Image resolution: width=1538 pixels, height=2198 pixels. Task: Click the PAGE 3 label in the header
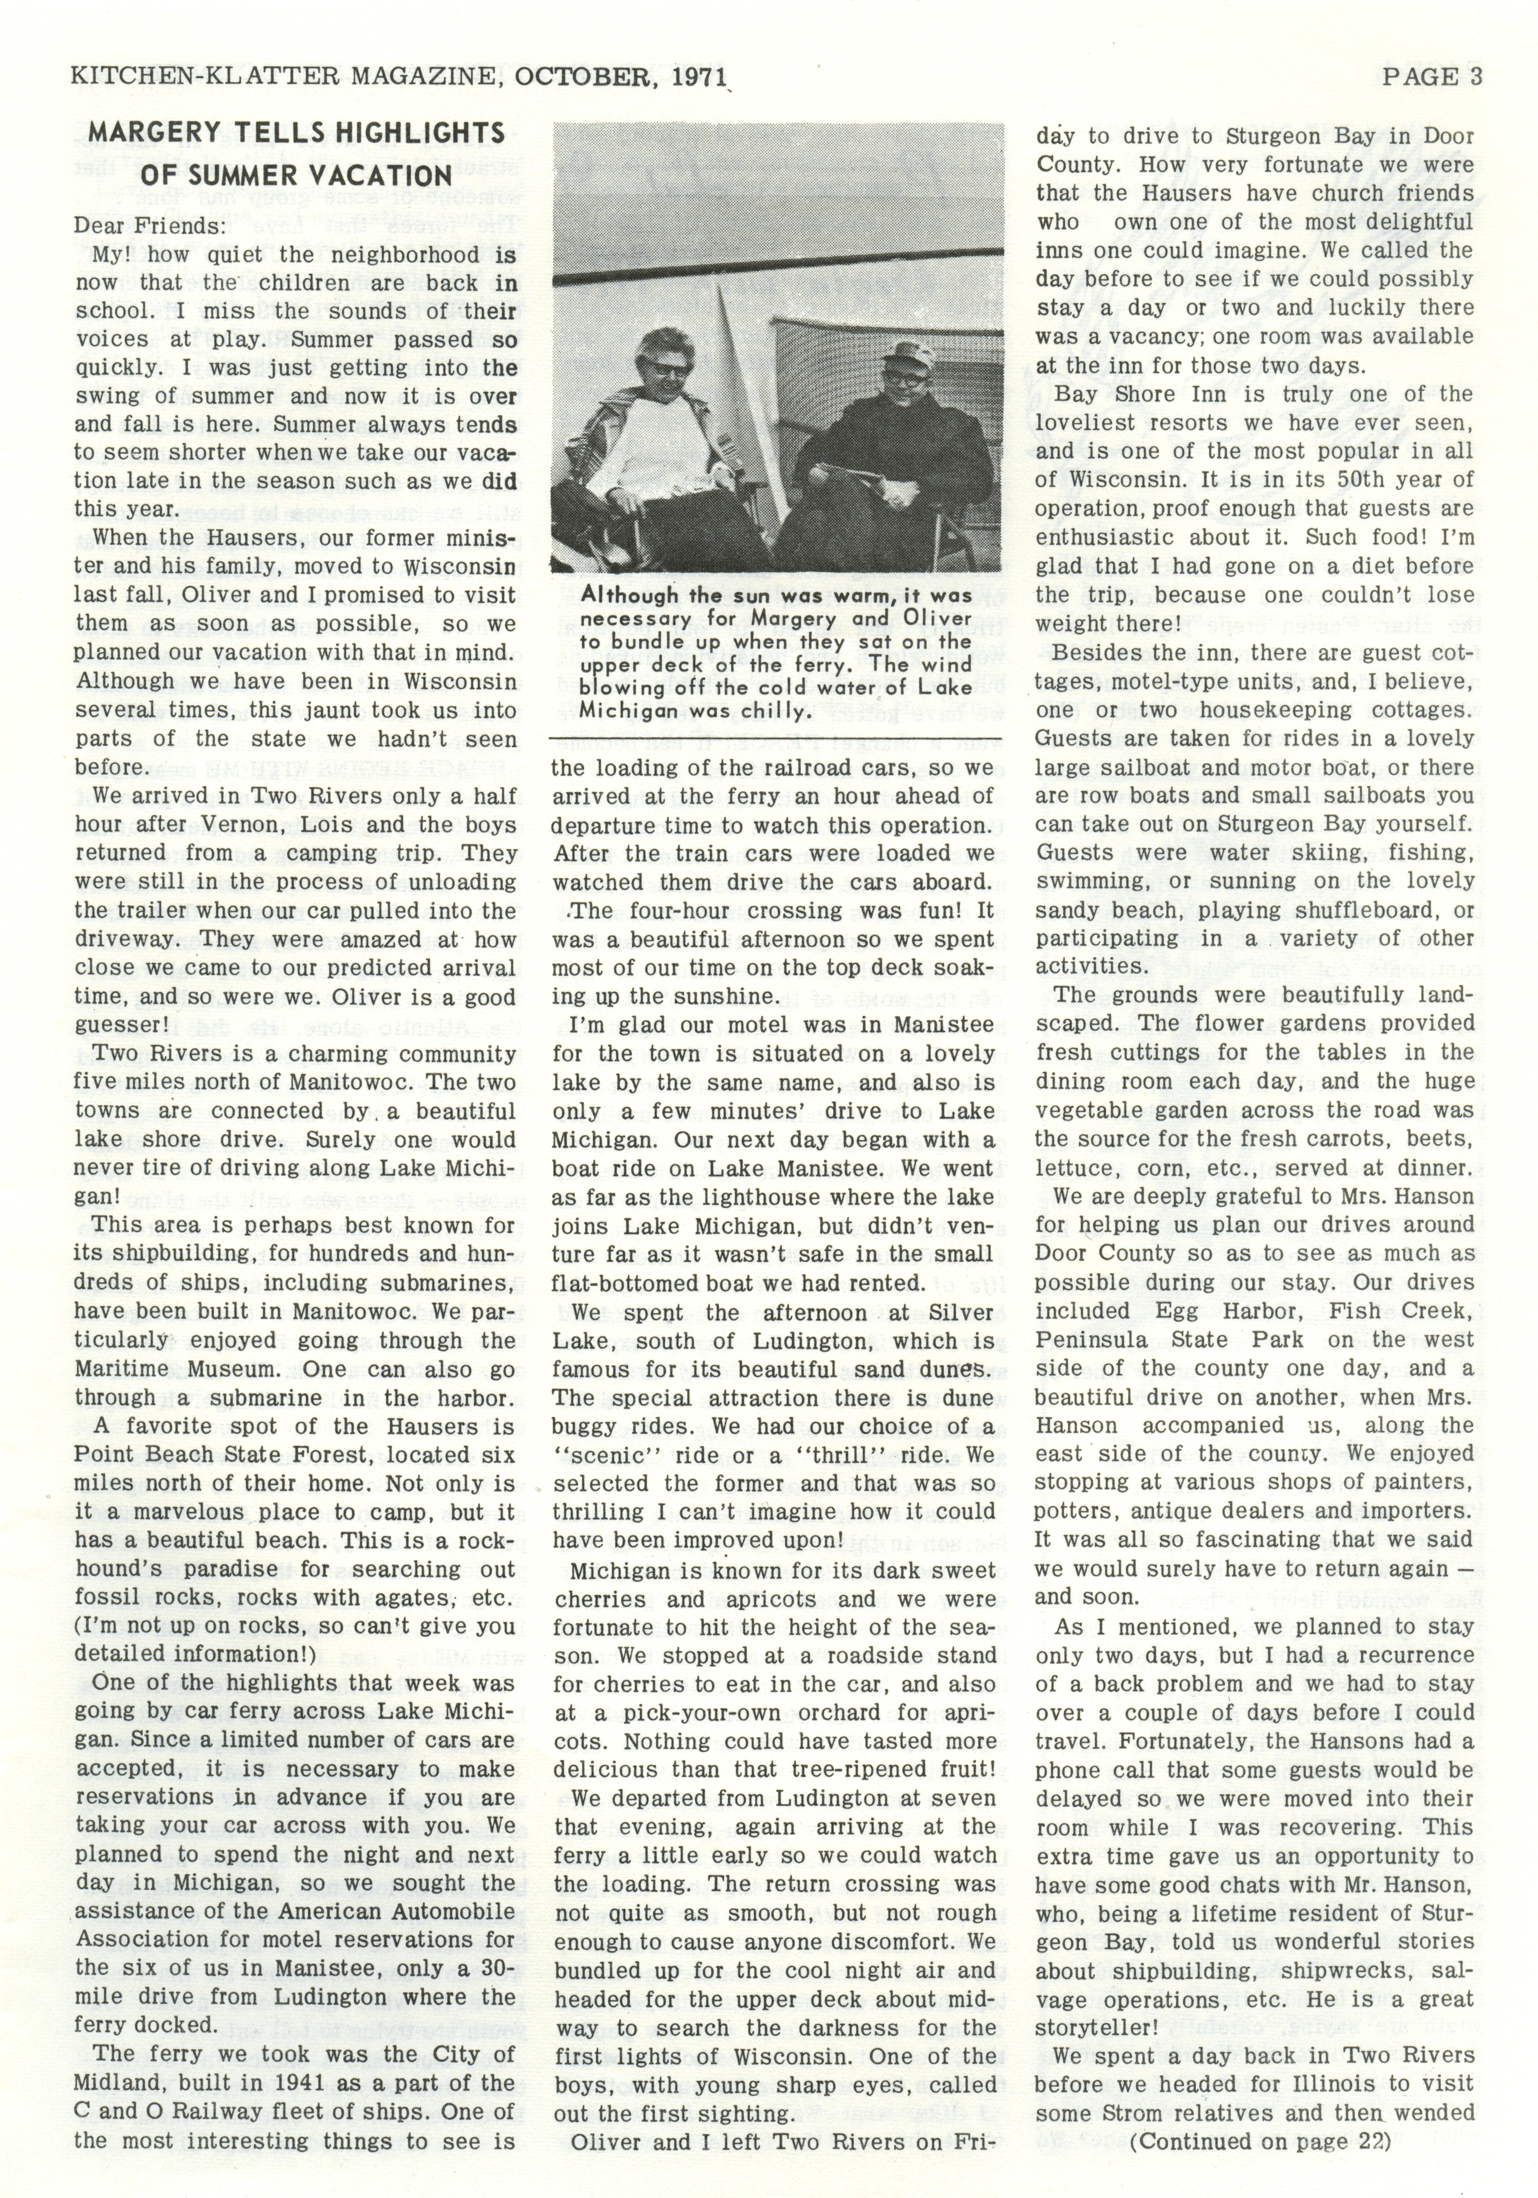(1431, 77)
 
